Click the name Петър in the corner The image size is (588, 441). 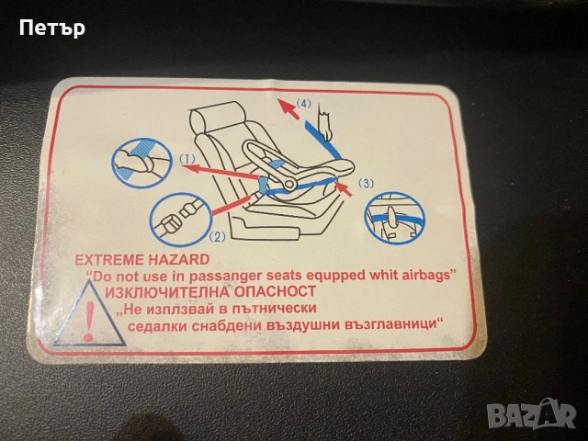tap(52, 28)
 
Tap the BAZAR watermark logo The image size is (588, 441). tap(533, 414)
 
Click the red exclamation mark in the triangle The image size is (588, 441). tap(89, 321)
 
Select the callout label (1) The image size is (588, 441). tap(187, 159)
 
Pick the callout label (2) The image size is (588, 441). tap(217, 237)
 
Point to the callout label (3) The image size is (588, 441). tap(366, 183)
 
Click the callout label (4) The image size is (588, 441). tap(303, 103)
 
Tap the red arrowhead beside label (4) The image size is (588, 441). tap(286, 107)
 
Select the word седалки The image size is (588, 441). tap(157, 325)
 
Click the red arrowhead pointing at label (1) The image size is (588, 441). tap(192, 167)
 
